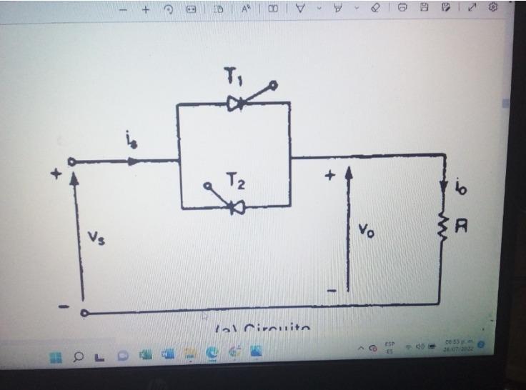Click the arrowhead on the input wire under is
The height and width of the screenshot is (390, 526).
coord(133,161)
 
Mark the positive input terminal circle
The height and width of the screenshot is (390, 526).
coord(71,162)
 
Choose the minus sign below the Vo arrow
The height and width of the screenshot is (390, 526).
coord(332,291)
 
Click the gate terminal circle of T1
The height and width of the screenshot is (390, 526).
coord(272,86)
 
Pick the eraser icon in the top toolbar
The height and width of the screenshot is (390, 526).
coord(376,8)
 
